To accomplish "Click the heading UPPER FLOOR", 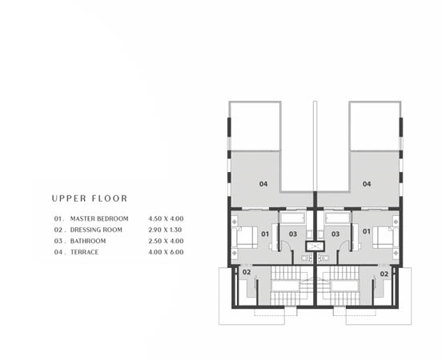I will pos(89,198).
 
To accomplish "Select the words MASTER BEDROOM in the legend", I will pos(99,218).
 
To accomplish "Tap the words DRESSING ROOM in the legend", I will pos(96,230).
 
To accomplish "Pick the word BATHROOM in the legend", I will pos(88,241).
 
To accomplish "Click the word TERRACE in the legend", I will pos(85,252).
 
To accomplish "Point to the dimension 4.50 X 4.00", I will pos(166,218).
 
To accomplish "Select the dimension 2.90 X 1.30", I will pos(166,230).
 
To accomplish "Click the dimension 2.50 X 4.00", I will pos(166,241).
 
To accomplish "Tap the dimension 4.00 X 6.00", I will pos(166,252).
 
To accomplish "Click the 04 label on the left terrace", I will pos(263,184).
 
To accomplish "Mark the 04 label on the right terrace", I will pos(367,184).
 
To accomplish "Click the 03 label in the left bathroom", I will pos(294,234).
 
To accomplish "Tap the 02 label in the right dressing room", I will pos(384,273).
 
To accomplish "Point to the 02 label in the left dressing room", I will pos(247,273).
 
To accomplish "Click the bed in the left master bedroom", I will pos(245,236).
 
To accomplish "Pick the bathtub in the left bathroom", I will pos(292,217).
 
